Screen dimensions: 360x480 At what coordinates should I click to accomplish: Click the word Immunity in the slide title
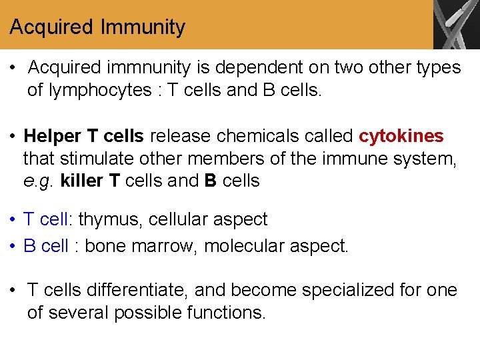[x=143, y=27]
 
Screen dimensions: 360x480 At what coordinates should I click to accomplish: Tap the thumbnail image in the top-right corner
[x=456, y=25]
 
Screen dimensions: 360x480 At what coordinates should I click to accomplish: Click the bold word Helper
[x=53, y=137]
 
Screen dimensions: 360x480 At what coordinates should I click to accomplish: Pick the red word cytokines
[x=401, y=137]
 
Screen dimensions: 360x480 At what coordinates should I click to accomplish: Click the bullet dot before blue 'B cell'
[x=13, y=246]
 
